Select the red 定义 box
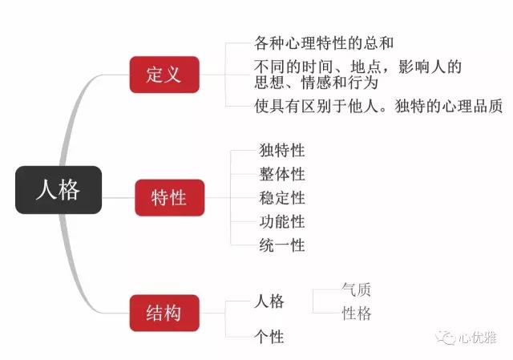(164, 75)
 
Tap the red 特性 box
(169, 197)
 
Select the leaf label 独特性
(281, 150)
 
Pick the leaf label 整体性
(281, 174)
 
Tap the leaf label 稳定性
(281, 197)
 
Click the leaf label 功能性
(281, 221)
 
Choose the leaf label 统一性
(281, 245)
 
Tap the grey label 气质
(357, 290)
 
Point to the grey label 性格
(357, 313)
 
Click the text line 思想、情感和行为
(316, 82)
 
